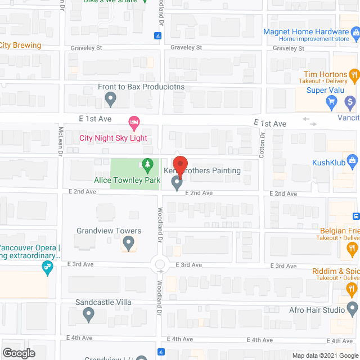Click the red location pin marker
tap(182, 169)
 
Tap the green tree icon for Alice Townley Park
tap(147, 165)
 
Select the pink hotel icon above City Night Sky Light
tap(134, 121)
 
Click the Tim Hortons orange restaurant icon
tap(354, 74)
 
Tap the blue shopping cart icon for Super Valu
tap(332, 102)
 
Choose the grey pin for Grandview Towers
tap(128, 244)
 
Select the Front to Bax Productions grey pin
tap(111, 100)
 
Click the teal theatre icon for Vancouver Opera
tap(48, 270)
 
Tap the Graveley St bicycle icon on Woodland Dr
tap(159, 36)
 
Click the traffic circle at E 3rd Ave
tap(160, 264)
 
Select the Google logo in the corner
tap(18, 353)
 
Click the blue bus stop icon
tap(355, 217)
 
